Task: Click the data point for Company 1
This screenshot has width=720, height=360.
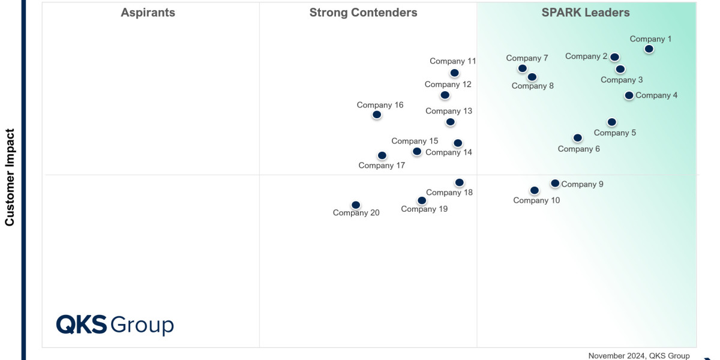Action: (649, 49)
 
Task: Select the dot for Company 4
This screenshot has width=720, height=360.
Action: (629, 95)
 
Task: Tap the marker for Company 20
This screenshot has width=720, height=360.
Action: (356, 205)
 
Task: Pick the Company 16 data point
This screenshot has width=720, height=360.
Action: (377, 115)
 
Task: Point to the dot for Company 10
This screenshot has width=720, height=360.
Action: (535, 191)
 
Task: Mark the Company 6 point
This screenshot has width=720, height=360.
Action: (578, 138)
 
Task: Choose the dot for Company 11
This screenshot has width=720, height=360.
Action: (455, 73)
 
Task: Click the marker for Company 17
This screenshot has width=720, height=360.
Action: (382, 156)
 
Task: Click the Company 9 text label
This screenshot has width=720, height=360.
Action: (582, 184)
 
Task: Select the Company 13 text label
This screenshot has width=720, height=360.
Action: (449, 111)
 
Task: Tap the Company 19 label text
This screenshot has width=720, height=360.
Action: (424, 209)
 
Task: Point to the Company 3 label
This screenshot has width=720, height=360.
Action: (622, 80)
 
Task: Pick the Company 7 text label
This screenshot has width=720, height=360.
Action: (527, 58)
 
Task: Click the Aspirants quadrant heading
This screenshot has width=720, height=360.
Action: (148, 13)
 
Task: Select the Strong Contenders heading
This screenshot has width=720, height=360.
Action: (363, 13)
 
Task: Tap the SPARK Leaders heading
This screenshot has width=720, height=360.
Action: (586, 13)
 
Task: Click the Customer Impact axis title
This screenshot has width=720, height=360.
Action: (10, 177)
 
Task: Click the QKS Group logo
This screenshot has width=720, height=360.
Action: (115, 325)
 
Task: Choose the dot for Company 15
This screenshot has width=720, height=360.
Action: (417, 152)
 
